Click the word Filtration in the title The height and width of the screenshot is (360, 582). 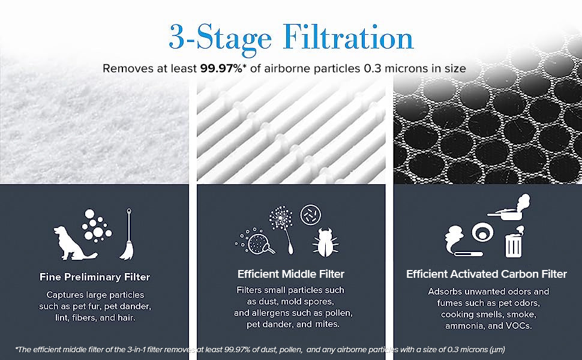pos(348,37)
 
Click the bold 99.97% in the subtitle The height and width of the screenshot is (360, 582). pos(221,68)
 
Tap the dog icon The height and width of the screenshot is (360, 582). pos(74,243)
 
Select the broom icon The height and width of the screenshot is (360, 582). pos(127,234)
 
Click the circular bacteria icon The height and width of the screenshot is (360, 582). pos(310,215)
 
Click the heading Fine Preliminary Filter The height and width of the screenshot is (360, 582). pos(95,277)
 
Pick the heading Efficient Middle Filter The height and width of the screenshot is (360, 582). pos(291,274)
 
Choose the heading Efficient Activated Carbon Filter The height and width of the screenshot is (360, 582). pos(487,274)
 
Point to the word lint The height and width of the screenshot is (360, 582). pos(61,317)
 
